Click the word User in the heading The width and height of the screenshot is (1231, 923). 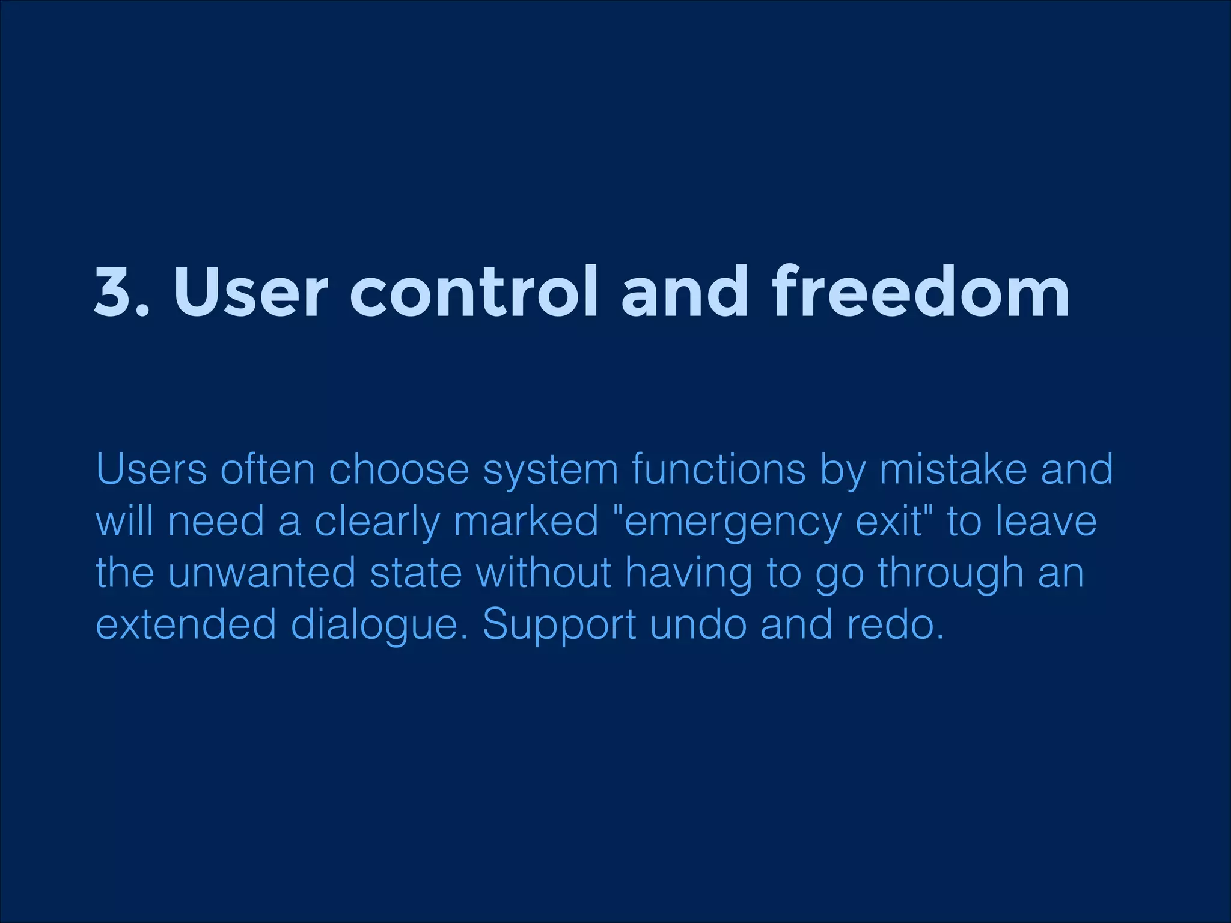click(x=251, y=293)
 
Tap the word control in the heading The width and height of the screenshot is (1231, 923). click(x=474, y=293)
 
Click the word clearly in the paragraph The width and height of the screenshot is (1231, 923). click(x=377, y=522)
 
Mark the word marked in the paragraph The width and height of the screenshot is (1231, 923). click(x=526, y=521)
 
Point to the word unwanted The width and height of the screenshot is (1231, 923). click(x=261, y=573)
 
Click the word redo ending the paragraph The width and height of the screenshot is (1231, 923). click(x=894, y=624)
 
